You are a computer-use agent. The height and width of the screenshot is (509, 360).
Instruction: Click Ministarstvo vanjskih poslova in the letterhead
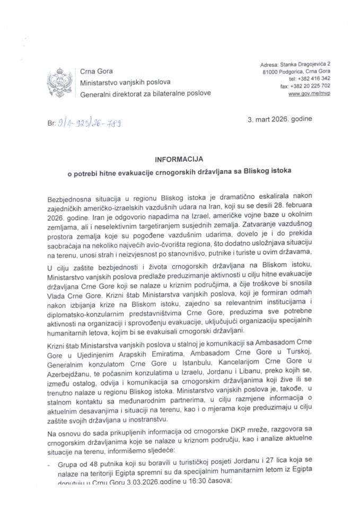click(x=125, y=83)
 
